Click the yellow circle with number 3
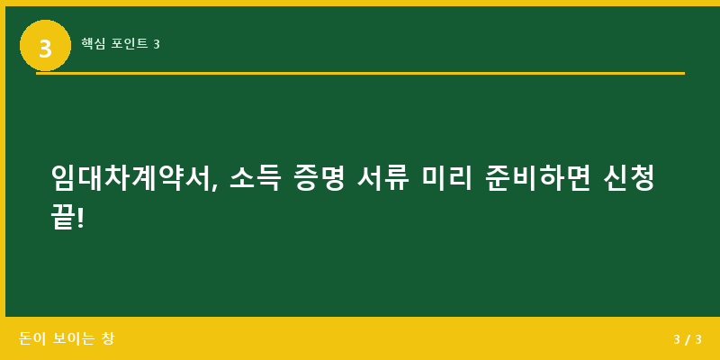pyautogui.click(x=45, y=46)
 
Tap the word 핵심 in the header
pyautogui.click(x=93, y=43)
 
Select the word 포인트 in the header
pyautogui.click(x=130, y=43)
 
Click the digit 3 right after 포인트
pyautogui.click(x=157, y=43)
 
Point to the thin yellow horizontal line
pyautogui.click(x=360, y=73)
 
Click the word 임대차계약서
pyautogui.click(x=132, y=177)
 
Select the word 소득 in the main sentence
pyautogui.click(x=255, y=177)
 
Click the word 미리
pyautogui.click(x=447, y=177)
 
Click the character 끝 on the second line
pyautogui.click(x=63, y=216)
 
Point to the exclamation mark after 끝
pyautogui.click(x=81, y=216)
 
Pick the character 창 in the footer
pyautogui.click(x=107, y=338)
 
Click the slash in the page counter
pyautogui.click(x=688, y=339)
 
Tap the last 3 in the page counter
pyautogui.click(x=697, y=339)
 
